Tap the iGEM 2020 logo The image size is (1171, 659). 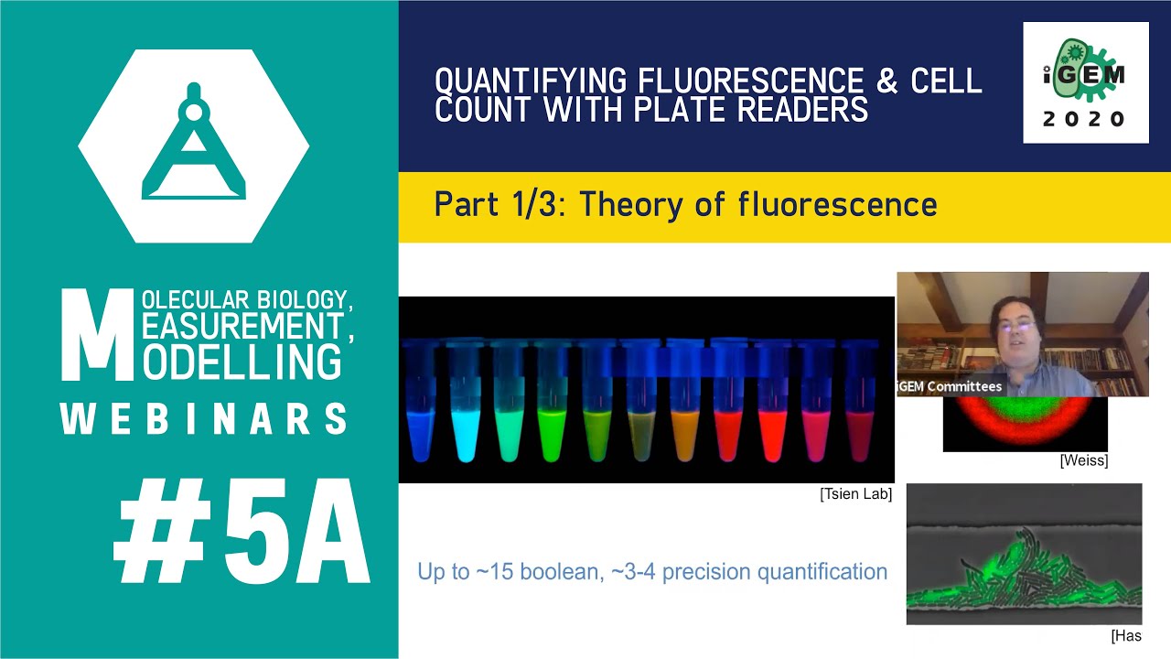click(1086, 82)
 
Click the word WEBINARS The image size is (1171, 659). click(203, 419)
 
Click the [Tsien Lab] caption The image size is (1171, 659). click(855, 494)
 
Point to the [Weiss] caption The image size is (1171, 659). click(1083, 461)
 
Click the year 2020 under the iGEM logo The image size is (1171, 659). click(1086, 120)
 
